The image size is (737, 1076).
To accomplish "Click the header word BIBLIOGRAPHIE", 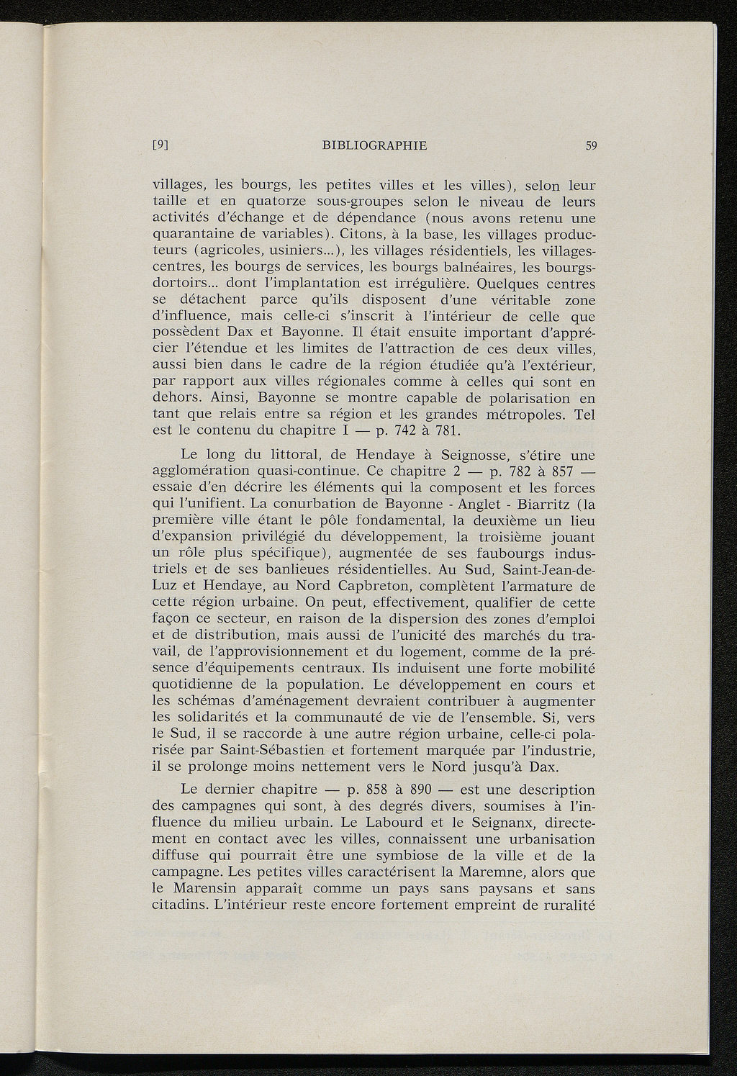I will pos(375,145).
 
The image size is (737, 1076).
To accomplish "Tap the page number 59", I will pos(592,145).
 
